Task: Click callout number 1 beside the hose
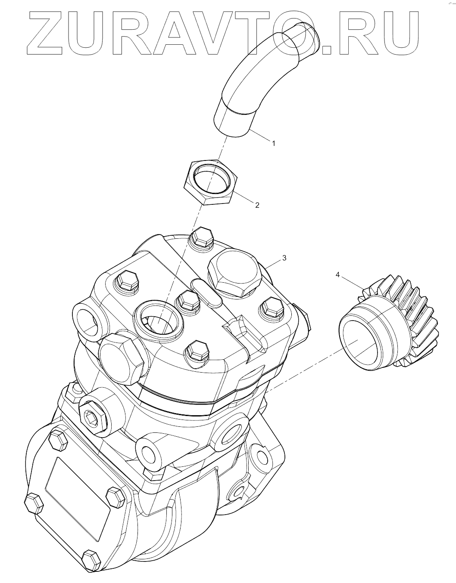274,144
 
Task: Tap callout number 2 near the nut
257,205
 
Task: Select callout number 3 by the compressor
284,258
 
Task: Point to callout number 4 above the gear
338,275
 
